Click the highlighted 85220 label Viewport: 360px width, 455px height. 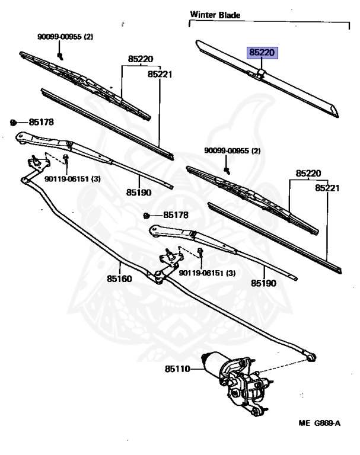click(x=262, y=53)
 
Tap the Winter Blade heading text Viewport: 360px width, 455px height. click(x=215, y=15)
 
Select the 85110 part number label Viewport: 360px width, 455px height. click(x=177, y=369)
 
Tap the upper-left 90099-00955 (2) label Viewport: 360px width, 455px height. click(x=65, y=37)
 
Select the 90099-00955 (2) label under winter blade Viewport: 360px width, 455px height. click(x=232, y=150)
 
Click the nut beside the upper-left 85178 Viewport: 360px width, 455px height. click(x=12, y=123)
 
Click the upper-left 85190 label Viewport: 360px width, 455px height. click(x=138, y=193)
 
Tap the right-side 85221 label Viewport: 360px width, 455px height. click(x=327, y=188)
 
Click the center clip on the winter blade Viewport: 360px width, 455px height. click(x=262, y=74)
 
